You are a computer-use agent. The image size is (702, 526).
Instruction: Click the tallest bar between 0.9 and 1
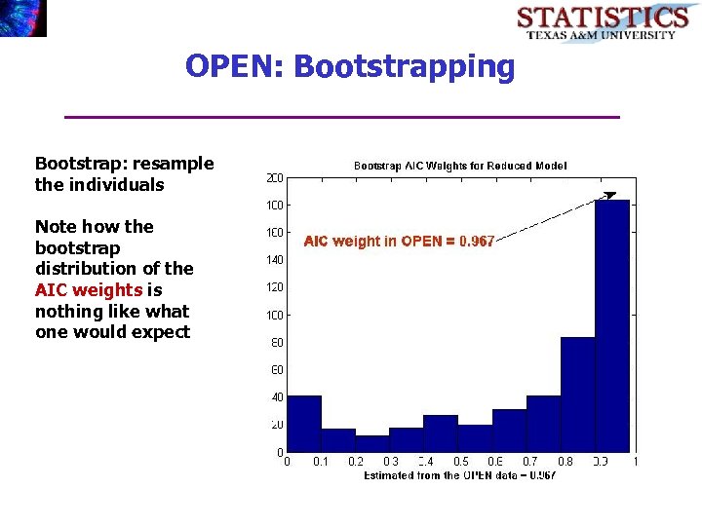tap(612, 325)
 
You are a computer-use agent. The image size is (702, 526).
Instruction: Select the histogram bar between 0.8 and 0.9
tap(577, 394)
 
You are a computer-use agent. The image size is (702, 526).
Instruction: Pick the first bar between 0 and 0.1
tap(304, 424)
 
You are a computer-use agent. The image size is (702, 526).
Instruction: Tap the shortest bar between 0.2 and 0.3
tap(372, 444)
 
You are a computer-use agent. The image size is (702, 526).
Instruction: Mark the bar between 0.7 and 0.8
tap(543, 424)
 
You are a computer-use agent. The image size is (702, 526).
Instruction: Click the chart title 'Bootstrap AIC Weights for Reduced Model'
tap(459, 167)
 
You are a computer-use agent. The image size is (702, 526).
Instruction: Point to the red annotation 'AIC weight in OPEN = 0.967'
tap(399, 241)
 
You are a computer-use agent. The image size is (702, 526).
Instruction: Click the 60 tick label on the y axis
tap(277, 370)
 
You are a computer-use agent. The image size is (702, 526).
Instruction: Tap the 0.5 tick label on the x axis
tap(461, 462)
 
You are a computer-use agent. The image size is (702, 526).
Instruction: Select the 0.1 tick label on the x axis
tap(321, 462)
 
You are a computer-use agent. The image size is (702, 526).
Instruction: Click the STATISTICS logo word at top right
tap(602, 17)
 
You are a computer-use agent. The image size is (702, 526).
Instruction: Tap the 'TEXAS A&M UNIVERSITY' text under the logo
tap(602, 35)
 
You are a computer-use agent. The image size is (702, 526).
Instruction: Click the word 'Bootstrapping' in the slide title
tap(404, 66)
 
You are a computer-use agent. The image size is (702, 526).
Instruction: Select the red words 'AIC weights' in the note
tap(89, 290)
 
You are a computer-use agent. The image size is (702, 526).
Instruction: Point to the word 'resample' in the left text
tap(175, 163)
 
